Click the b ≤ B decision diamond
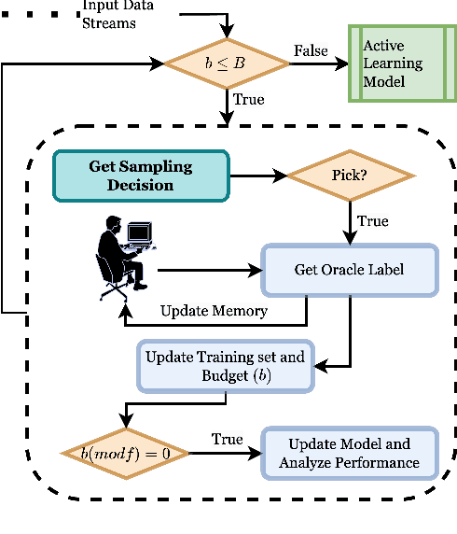228,63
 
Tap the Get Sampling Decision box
139,176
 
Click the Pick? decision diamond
350,176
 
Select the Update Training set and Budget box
225,365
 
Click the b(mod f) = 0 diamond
125,453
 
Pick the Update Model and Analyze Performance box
349,453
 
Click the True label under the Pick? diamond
373,222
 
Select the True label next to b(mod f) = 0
227,439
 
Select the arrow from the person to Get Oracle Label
210,271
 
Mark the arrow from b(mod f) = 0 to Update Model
224,454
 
